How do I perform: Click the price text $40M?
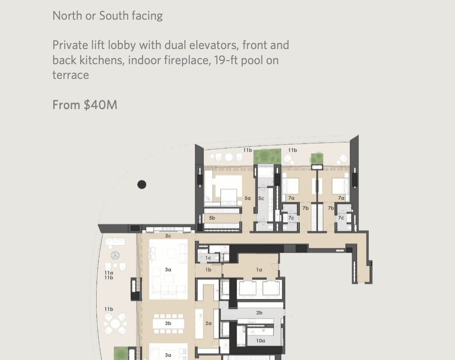pyautogui.click(x=100, y=105)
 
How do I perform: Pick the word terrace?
pyautogui.click(x=71, y=75)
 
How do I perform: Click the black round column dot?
pyautogui.click(x=142, y=184)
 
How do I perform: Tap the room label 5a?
pyautogui.click(x=248, y=198)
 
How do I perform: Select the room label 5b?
pyautogui.click(x=212, y=218)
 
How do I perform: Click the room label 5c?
pyautogui.click(x=261, y=199)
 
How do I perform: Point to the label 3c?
pyautogui.click(x=168, y=236)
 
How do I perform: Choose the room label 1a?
pyautogui.click(x=259, y=270)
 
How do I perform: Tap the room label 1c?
pyautogui.click(x=208, y=258)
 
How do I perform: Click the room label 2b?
pyautogui.click(x=260, y=313)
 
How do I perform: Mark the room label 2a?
pyautogui.click(x=208, y=323)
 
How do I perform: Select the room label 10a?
pyautogui.click(x=261, y=341)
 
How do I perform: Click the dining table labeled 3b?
pyautogui.click(x=168, y=323)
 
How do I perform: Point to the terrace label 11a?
pyautogui.click(x=109, y=273)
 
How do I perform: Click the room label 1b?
pyautogui.click(x=208, y=270)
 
